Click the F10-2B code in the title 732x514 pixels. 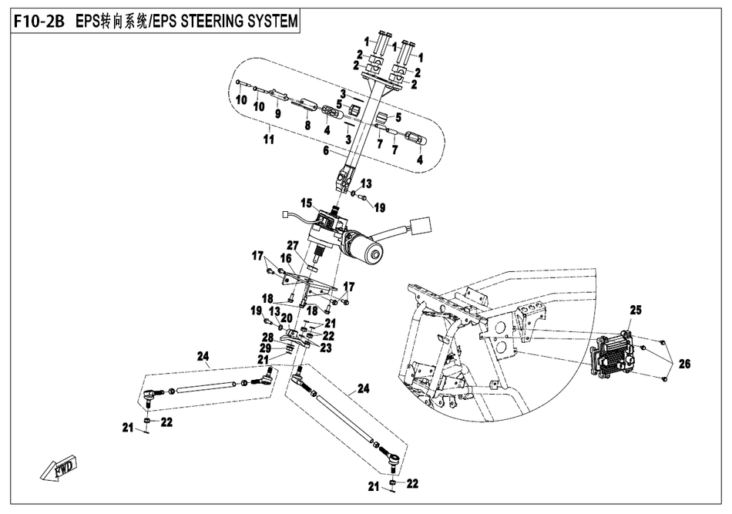[39, 22]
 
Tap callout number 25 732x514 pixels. [635, 310]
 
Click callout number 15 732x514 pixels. [306, 204]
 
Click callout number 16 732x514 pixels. [286, 259]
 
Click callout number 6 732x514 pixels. [327, 151]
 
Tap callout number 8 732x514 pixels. [307, 125]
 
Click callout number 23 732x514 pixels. [327, 348]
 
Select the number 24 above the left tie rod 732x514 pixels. [203, 356]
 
